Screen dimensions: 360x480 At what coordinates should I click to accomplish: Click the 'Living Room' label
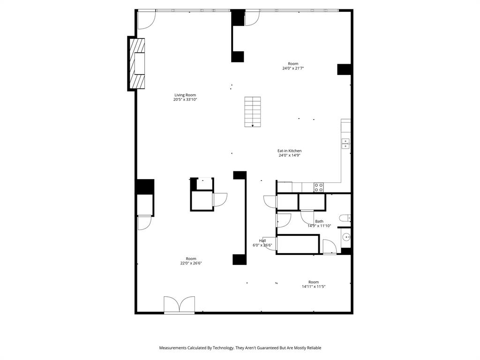pos(185,95)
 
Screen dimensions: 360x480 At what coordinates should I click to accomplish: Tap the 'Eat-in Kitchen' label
pos(289,151)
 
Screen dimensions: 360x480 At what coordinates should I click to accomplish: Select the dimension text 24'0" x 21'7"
pos(293,68)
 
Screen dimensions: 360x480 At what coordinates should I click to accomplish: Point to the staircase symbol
pos(253,112)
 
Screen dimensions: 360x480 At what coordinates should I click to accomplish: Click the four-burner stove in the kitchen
pos(319,187)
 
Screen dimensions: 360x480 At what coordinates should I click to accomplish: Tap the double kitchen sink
pos(346,143)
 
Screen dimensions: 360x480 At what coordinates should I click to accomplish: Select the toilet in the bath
pos(346,217)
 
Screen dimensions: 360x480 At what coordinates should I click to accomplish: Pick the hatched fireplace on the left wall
pos(136,63)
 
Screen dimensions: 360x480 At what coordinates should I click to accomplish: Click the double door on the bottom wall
pos(179,305)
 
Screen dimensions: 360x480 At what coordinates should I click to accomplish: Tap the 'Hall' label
pos(262,240)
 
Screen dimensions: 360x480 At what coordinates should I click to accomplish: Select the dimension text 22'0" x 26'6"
pos(191,263)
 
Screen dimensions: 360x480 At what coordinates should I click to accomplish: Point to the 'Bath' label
pos(319,221)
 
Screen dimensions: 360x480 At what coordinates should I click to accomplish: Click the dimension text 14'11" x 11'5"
pos(314,286)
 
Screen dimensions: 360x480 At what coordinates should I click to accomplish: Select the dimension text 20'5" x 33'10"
pos(185,99)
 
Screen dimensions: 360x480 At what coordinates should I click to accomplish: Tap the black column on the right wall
pos(345,69)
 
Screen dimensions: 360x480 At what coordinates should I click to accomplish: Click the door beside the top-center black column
pos(252,18)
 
